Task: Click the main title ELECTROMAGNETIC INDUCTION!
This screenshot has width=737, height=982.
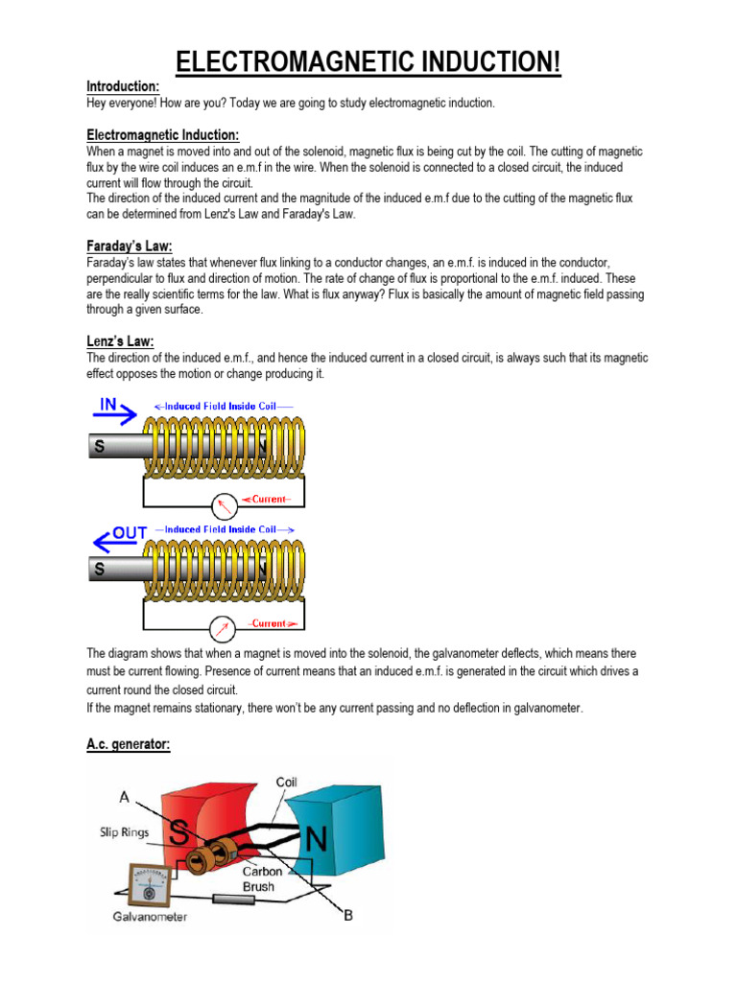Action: (368, 62)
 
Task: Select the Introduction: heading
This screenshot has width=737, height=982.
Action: (123, 86)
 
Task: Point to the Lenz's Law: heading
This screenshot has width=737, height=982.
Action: (120, 341)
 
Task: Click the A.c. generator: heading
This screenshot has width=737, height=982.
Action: (128, 744)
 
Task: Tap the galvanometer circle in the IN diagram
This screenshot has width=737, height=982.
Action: (224, 505)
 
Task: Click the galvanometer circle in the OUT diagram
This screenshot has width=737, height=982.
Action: (224, 628)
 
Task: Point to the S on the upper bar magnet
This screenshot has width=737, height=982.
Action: (99, 446)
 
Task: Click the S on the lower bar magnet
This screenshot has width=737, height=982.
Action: (99, 570)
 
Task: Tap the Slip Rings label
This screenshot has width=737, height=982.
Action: (123, 831)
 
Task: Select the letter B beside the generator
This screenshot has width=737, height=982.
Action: (347, 915)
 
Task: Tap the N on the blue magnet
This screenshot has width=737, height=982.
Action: (316, 841)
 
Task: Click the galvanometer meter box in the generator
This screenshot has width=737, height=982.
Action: (149, 882)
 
